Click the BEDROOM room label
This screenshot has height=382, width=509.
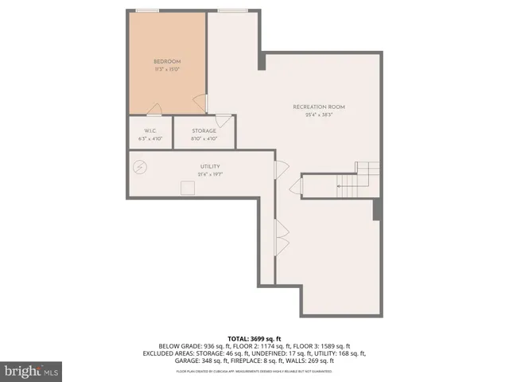168,61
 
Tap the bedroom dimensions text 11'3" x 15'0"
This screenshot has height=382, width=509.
168,69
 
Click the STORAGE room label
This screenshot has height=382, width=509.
204,131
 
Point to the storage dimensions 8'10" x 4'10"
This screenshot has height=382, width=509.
204,138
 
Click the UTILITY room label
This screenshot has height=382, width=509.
210,166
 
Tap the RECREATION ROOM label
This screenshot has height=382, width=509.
319,107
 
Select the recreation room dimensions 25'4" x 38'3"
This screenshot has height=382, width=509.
319,115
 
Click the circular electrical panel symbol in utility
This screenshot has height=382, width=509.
141,167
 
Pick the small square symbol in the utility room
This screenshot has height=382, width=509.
188,187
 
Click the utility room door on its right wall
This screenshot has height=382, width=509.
280,169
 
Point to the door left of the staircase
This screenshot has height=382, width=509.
295,188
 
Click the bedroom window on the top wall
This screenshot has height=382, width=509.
146,10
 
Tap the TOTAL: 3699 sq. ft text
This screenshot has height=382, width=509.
254,337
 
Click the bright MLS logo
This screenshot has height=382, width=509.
32,370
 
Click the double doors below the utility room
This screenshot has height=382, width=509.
281,236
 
